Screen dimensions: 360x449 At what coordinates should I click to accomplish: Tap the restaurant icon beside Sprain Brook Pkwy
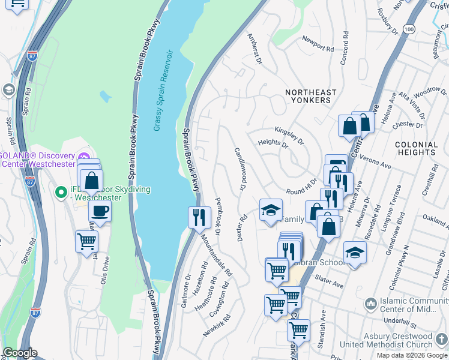199,217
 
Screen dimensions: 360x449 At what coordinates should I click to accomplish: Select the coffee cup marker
100,211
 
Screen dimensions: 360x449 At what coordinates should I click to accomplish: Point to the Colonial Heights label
416,149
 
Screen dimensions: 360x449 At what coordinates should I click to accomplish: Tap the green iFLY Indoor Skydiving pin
60,192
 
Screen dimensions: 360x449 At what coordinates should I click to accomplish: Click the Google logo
20,353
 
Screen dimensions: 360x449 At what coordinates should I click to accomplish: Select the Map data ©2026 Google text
411,355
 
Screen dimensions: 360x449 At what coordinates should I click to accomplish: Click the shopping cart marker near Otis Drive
87,242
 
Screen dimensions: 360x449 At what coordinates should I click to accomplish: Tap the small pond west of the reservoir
106,96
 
